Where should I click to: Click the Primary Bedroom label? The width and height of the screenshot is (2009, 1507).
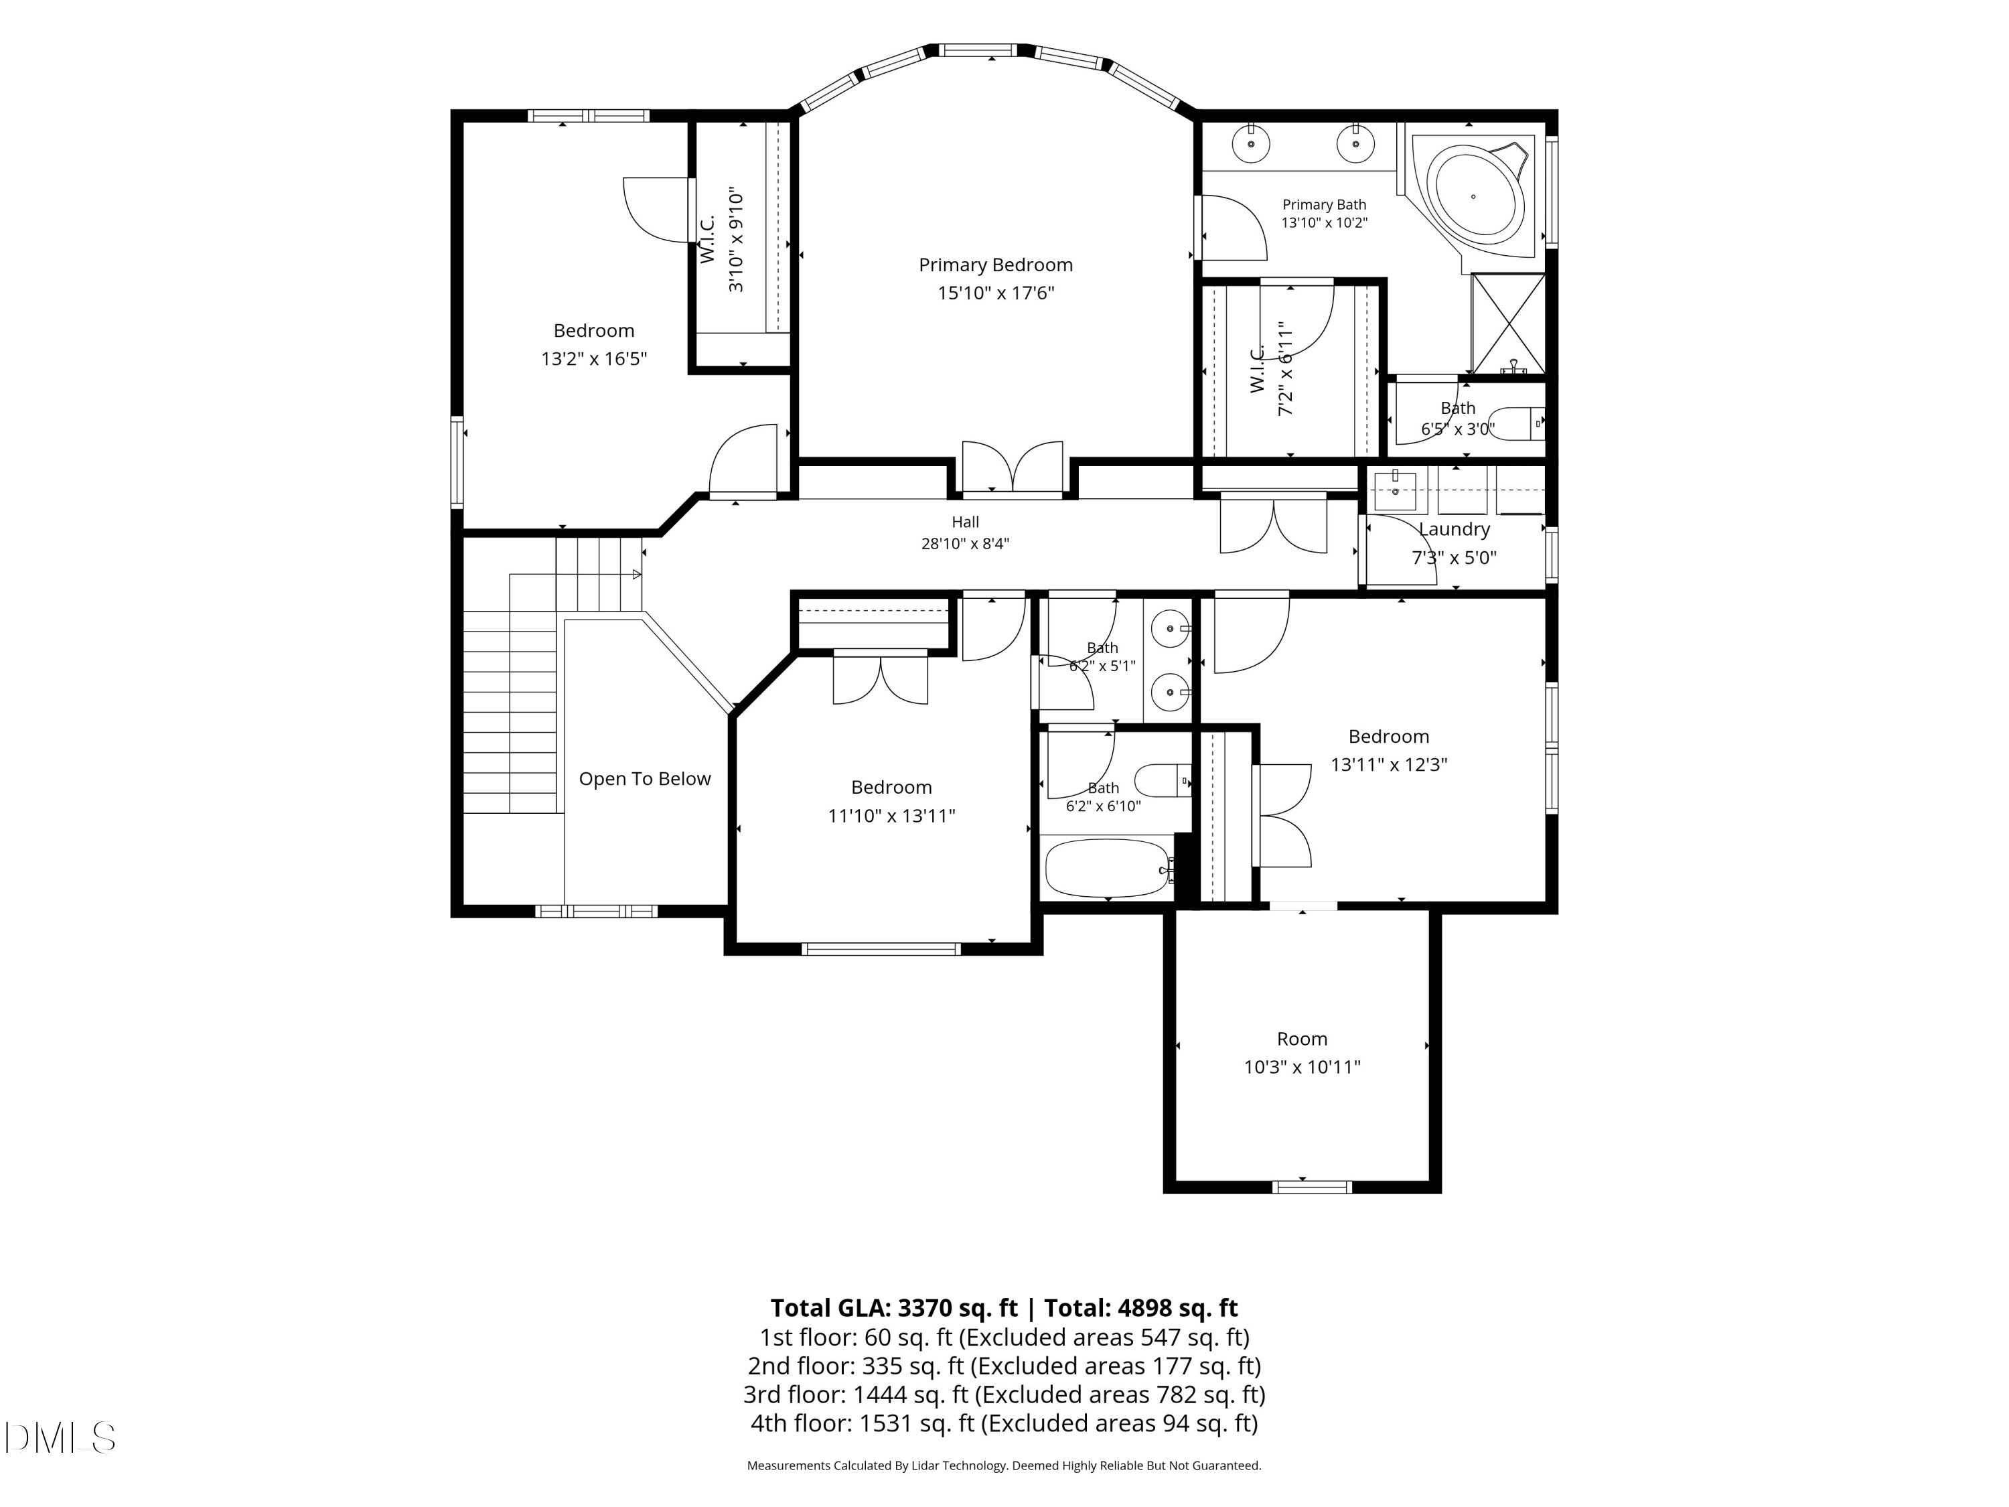click(995, 265)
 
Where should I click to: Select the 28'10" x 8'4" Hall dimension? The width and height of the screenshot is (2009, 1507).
click(966, 544)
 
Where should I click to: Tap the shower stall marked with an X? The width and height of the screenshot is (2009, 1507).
click(1507, 324)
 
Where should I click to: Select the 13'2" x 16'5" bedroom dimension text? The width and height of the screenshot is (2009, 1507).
click(594, 359)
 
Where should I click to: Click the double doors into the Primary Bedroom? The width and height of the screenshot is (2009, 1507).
click(1013, 469)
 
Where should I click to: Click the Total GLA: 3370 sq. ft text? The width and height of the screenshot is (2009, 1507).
click(894, 1308)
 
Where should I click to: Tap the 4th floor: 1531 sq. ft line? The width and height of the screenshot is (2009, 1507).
click(1004, 1423)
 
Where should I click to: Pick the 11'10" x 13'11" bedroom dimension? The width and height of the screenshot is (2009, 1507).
click(891, 816)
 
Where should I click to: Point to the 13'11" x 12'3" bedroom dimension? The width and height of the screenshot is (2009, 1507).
click(1389, 765)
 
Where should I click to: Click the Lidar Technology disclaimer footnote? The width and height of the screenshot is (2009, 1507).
click(1004, 1465)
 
